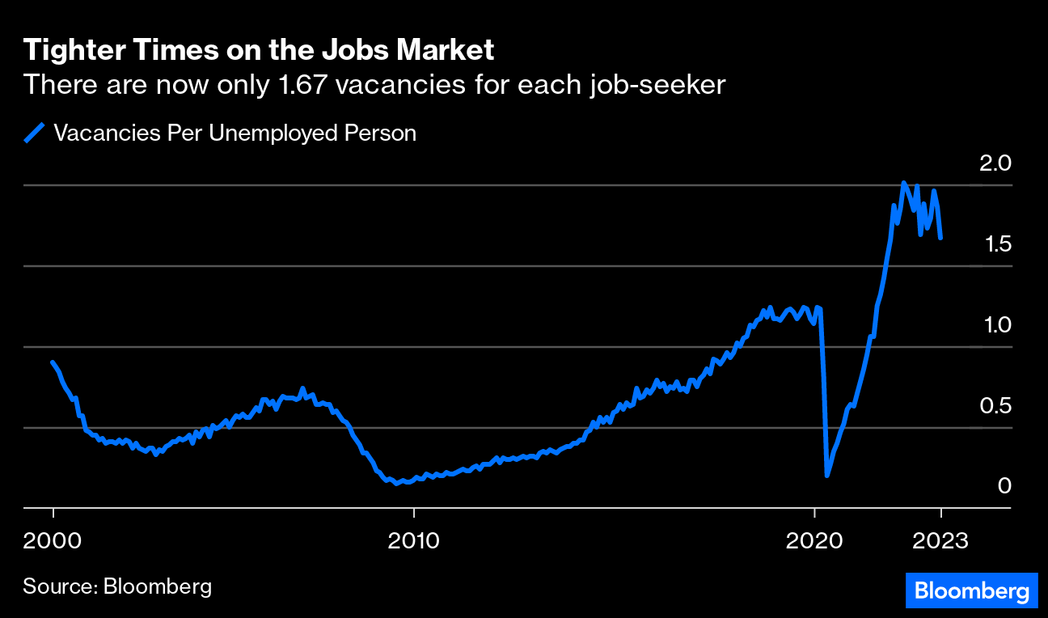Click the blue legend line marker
(x=34, y=133)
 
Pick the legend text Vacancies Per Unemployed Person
(x=235, y=133)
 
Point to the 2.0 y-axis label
(x=995, y=163)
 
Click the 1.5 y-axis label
(x=995, y=244)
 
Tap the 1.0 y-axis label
(x=995, y=325)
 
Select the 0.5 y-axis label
(x=995, y=405)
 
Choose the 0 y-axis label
(x=1004, y=485)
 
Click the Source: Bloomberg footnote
(x=117, y=586)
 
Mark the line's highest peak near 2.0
(x=903, y=183)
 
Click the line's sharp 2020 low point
(x=826, y=476)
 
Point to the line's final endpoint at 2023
(x=940, y=239)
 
